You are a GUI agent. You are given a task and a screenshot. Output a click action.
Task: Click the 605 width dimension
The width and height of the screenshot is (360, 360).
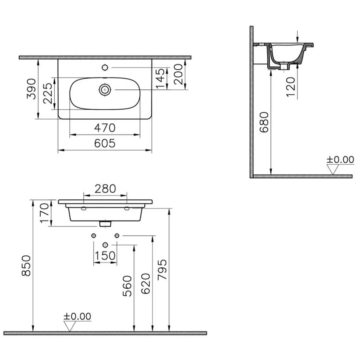[x=105, y=143]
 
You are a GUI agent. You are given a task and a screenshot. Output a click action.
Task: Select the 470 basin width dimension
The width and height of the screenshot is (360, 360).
[x=105, y=128]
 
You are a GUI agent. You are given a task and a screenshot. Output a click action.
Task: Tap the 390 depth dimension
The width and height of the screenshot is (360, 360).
[x=31, y=89]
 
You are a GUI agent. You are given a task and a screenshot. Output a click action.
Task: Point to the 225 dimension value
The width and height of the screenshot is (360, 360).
[x=48, y=93]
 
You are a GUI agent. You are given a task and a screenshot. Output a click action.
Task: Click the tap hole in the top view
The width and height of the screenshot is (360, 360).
[x=105, y=67]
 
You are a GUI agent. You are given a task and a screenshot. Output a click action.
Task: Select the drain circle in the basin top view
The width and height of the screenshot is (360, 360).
[x=105, y=90]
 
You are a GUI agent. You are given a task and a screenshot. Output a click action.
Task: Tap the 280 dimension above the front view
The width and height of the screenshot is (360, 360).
[x=105, y=189]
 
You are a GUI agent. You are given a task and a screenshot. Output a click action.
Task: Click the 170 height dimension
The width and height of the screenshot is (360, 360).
[x=45, y=213]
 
